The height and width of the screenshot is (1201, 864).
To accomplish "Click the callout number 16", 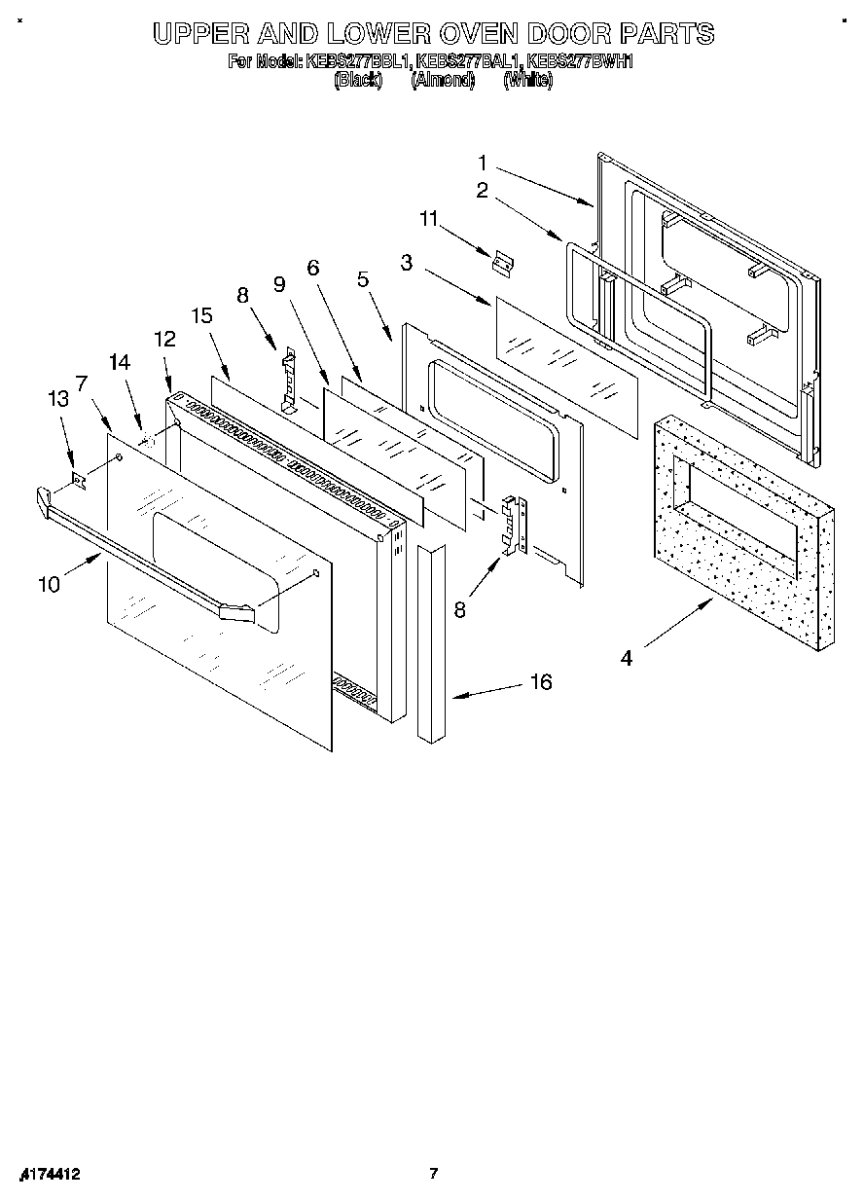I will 540,682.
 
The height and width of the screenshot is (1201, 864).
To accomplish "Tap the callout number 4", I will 627,659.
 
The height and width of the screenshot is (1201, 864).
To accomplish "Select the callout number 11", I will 430,220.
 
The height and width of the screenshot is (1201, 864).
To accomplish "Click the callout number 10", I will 49,584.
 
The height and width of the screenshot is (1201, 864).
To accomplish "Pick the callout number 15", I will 201,315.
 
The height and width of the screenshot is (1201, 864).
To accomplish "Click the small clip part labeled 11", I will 503,263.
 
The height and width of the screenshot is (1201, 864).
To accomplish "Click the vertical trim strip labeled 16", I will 430,642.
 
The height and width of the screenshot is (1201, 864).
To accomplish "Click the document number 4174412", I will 48,1174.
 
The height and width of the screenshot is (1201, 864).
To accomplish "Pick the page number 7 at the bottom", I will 435,1174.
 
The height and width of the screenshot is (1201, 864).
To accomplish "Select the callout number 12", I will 164,339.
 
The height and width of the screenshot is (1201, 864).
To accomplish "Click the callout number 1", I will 483,162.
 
